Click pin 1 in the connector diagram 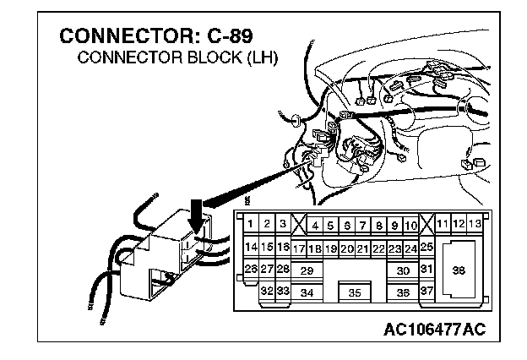point(252,224)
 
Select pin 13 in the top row point(475,223)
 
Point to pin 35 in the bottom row point(355,292)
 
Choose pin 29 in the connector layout point(307,270)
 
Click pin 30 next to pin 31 point(403,270)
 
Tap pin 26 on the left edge point(250,270)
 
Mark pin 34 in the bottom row point(307,292)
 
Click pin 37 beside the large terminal point(426,292)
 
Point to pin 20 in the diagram point(346,248)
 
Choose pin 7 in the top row point(362,226)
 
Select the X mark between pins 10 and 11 point(426,224)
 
